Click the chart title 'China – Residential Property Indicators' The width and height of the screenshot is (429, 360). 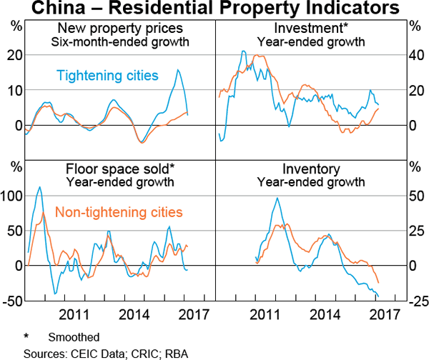click(x=214, y=9)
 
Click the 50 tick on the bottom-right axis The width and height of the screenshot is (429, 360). click(x=415, y=196)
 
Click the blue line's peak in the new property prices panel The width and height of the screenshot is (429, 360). click(x=178, y=69)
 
